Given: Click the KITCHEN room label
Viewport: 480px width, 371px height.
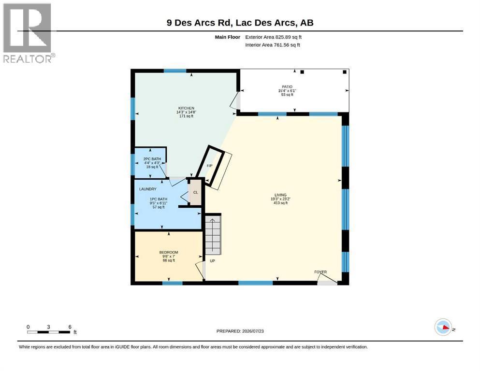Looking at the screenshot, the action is point(186,108).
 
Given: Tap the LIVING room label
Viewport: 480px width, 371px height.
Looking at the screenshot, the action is point(280,195).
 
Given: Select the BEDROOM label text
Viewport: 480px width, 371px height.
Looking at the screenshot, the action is point(169,252).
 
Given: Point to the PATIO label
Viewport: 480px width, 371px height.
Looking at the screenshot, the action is point(287,87).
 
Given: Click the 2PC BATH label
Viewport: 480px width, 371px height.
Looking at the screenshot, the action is point(152,159).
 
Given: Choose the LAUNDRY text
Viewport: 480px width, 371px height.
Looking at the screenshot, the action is point(148,189).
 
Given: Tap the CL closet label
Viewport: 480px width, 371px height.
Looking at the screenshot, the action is point(196,192).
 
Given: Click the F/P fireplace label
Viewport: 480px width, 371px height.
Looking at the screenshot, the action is point(210,166).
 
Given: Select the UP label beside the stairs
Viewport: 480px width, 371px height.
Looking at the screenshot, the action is point(213,261).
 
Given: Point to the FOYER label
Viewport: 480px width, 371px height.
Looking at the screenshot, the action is point(320,272).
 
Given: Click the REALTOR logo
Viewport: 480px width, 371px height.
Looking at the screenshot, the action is point(29,33).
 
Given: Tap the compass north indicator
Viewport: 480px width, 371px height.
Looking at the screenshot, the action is point(443,327).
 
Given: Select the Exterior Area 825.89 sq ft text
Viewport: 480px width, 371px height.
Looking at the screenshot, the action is point(274,37).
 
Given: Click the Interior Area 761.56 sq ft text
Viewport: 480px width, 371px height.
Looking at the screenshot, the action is point(273,45).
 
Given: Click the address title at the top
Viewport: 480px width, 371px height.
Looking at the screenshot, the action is point(240,23).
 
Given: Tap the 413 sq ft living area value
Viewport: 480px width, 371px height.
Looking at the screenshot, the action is point(280,203).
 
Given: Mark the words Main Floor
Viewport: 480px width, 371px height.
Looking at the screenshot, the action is point(228,37).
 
